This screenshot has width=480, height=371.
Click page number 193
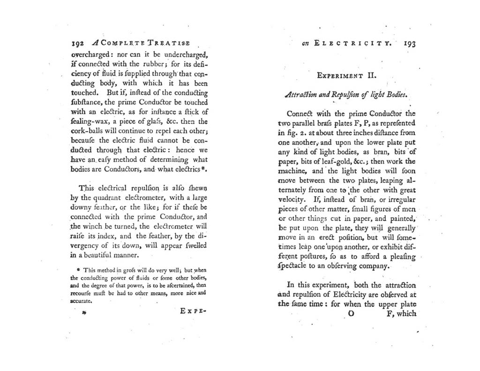tap(407, 45)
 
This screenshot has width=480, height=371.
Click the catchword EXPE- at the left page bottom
tap(193, 311)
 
